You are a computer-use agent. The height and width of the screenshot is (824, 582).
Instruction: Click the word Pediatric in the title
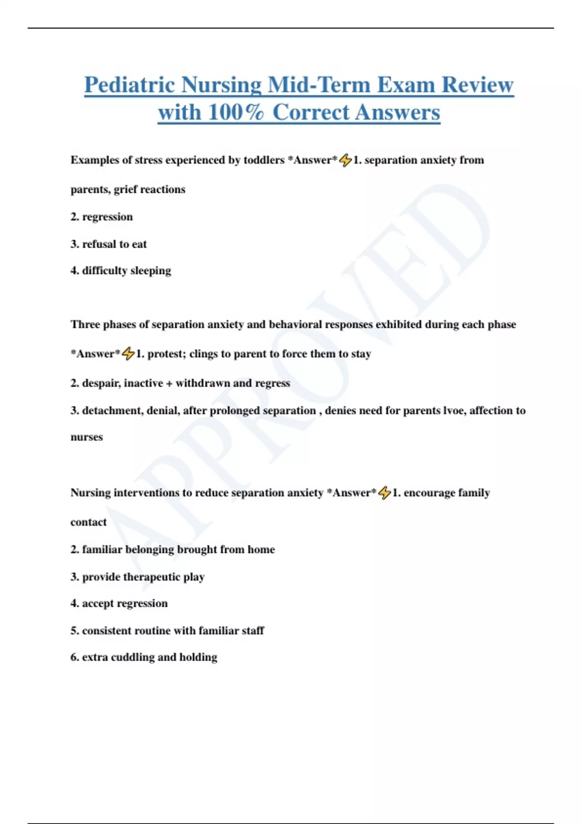click(x=129, y=85)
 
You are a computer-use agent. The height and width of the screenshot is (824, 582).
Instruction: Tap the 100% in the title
click(x=236, y=112)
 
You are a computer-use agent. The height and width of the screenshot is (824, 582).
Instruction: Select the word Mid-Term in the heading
click(x=319, y=85)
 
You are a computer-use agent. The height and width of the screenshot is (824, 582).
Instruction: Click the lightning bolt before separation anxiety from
click(x=345, y=160)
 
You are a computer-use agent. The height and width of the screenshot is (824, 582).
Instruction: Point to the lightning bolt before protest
click(x=128, y=354)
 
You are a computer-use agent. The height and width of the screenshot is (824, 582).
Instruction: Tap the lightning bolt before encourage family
click(x=385, y=493)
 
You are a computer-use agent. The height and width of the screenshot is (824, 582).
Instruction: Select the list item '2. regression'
click(x=101, y=217)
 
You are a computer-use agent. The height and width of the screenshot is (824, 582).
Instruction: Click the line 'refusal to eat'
click(x=114, y=244)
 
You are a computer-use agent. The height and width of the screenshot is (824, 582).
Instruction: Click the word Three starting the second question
click(x=85, y=324)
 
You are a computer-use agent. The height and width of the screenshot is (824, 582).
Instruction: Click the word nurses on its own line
click(x=87, y=437)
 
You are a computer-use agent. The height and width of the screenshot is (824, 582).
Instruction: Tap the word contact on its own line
click(x=88, y=522)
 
